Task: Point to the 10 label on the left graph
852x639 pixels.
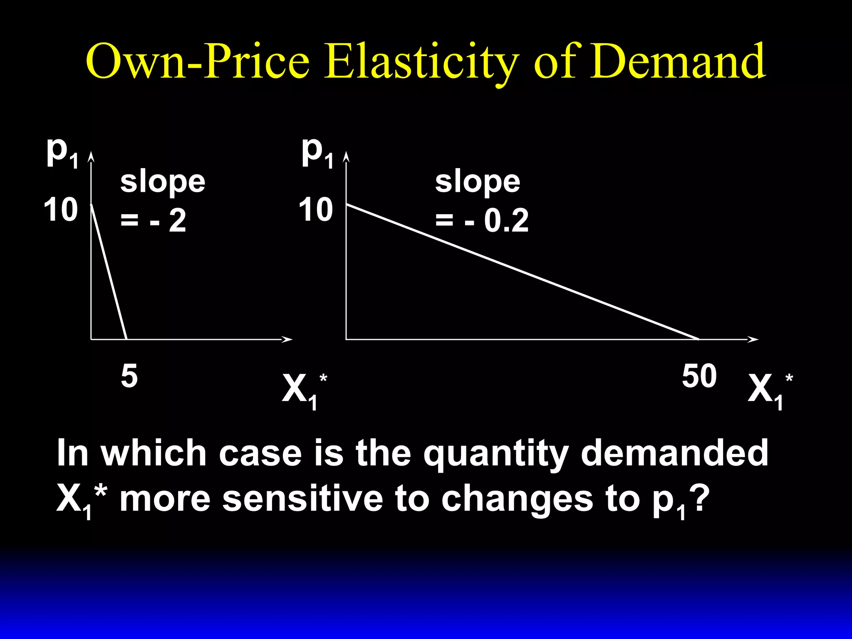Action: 61,210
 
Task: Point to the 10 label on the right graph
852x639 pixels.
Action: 316,210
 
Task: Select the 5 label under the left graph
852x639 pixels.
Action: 129,376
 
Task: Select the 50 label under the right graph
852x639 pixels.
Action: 699,376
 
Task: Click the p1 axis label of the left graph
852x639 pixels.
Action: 62,152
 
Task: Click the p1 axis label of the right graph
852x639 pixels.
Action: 317,152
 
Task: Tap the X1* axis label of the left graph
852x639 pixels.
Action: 304,390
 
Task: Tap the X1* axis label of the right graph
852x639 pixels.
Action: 770,390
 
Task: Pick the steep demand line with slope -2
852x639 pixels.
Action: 109,272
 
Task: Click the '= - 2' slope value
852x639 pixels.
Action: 153,221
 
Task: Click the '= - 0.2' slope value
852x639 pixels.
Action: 482,221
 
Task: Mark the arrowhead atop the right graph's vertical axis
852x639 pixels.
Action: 346,157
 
